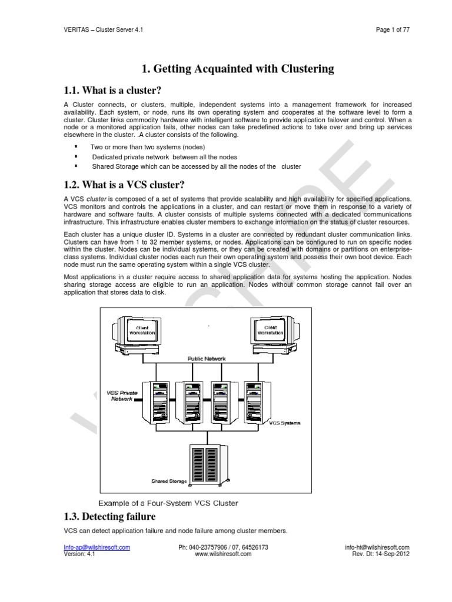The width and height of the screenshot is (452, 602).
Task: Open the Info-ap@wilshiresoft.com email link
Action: point(97,547)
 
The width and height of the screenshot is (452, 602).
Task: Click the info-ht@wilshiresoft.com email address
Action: point(377,547)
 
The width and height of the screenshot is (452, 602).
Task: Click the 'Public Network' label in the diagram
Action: point(206,358)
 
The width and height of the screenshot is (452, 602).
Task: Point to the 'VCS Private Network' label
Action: point(123,395)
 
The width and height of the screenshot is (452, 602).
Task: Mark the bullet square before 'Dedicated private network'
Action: point(77,156)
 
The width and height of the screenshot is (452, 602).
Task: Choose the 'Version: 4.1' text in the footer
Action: point(79,554)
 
